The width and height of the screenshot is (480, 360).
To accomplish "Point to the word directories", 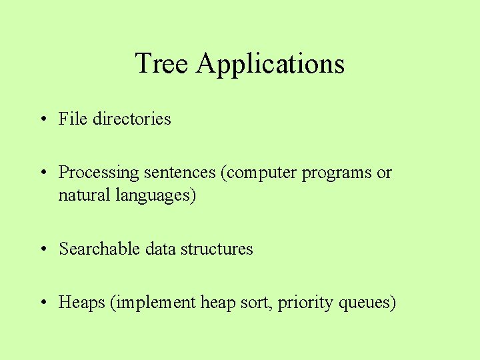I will click(x=132, y=119).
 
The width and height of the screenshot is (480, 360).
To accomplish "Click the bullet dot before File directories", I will click(x=43, y=119).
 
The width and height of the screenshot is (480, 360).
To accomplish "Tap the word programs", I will click(x=337, y=173).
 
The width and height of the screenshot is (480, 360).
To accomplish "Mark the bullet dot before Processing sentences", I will click(x=43, y=173).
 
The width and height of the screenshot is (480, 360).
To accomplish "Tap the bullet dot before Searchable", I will click(x=43, y=249).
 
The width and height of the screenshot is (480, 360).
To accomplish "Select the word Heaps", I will click(x=82, y=303).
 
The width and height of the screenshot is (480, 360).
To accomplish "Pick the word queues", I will click(x=367, y=303).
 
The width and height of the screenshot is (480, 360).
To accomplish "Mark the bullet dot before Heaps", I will click(x=43, y=303).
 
